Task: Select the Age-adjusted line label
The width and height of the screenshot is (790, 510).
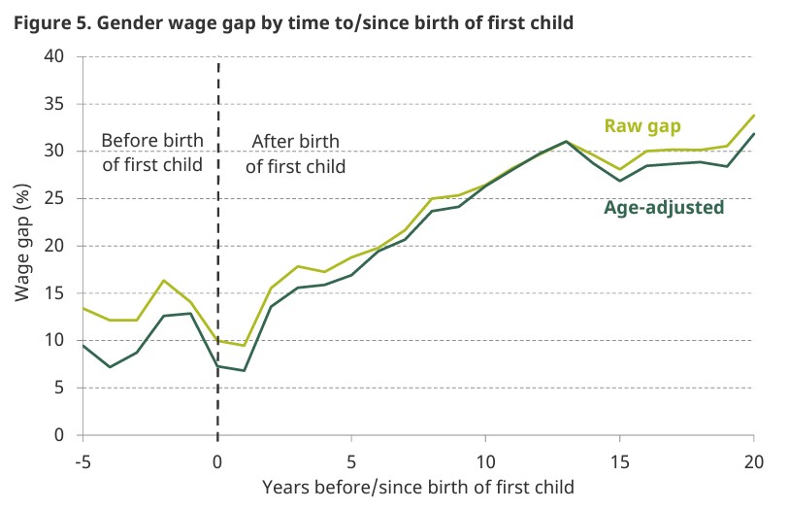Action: tap(664, 207)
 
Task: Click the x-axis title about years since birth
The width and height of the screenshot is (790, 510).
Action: tap(418, 486)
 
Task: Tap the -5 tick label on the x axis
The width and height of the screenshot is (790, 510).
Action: tap(83, 459)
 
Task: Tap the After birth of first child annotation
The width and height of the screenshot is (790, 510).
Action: tap(295, 154)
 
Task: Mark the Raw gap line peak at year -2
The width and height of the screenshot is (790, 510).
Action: tap(164, 280)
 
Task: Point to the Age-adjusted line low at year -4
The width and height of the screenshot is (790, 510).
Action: tap(111, 366)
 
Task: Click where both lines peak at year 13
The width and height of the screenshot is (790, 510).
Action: tap(566, 141)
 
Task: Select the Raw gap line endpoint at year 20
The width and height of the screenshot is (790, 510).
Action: tap(753, 115)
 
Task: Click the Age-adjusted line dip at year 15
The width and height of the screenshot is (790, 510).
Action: tap(619, 181)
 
